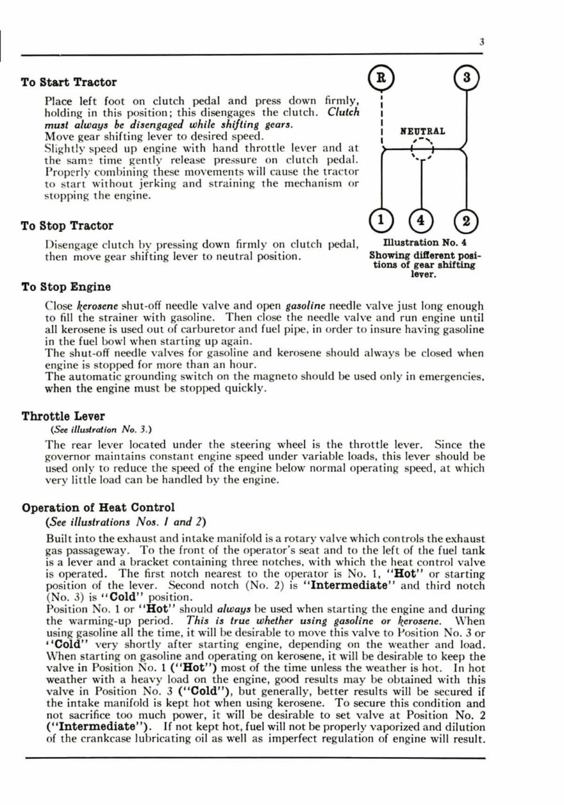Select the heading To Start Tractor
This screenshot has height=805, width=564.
pyautogui.click(x=69, y=82)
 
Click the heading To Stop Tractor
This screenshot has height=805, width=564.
pyautogui.click(x=67, y=226)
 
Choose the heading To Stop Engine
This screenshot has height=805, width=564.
pyautogui.click(x=66, y=287)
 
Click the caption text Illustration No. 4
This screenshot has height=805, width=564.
pyautogui.click(x=424, y=243)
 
